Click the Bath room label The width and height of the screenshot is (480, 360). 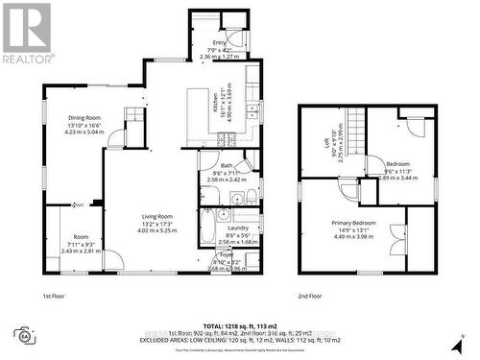[x=227, y=166]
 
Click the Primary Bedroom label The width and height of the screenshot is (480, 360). [x=359, y=223]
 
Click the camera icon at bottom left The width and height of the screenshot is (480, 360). [x=21, y=335]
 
